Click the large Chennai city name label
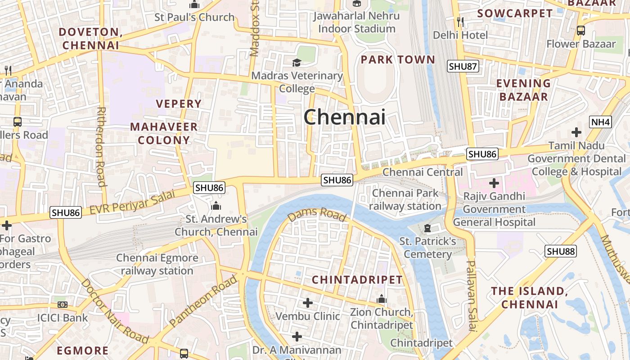pos(344,117)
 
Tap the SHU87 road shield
pos(463,67)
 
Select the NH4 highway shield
pos(600,121)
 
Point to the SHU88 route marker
pos(561,251)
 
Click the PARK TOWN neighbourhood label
pos(398,60)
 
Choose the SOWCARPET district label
pos(515,13)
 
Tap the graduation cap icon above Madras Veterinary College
pos(297,62)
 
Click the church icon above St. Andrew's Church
pos(216,206)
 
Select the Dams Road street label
pos(318,215)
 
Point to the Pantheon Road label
pos(203,301)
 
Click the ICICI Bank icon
pos(63,305)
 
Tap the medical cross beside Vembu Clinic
pos(308,303)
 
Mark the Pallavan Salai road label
pos(471,295)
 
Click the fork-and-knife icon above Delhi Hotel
pos(460,21)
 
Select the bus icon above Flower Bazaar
pos(581,31)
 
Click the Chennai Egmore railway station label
pos(157,265)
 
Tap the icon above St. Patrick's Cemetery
pos(427,228)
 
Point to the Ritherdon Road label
pos(101,146)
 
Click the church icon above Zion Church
pos(382,299)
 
